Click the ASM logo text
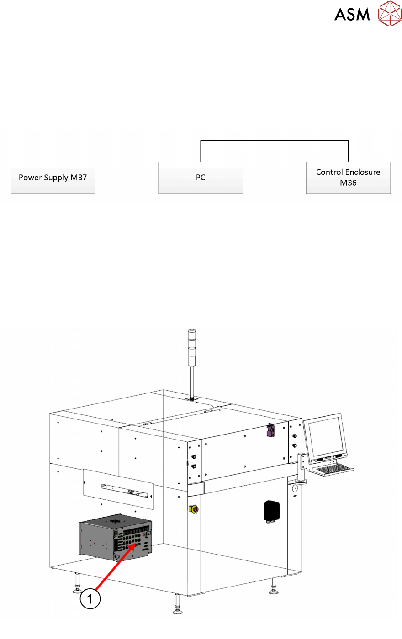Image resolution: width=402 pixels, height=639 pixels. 352,15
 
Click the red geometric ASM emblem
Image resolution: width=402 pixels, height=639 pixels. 389,13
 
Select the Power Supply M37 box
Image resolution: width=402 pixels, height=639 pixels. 53,178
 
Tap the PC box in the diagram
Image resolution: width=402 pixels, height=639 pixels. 201,178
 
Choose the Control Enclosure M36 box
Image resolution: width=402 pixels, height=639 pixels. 348,178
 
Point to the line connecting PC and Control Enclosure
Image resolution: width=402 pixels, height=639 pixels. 274,141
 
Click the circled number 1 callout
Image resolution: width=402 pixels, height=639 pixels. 90,598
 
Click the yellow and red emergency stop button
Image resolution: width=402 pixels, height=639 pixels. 193,509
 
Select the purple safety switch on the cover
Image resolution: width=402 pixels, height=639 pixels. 270,430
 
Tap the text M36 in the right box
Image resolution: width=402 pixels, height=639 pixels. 348,183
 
